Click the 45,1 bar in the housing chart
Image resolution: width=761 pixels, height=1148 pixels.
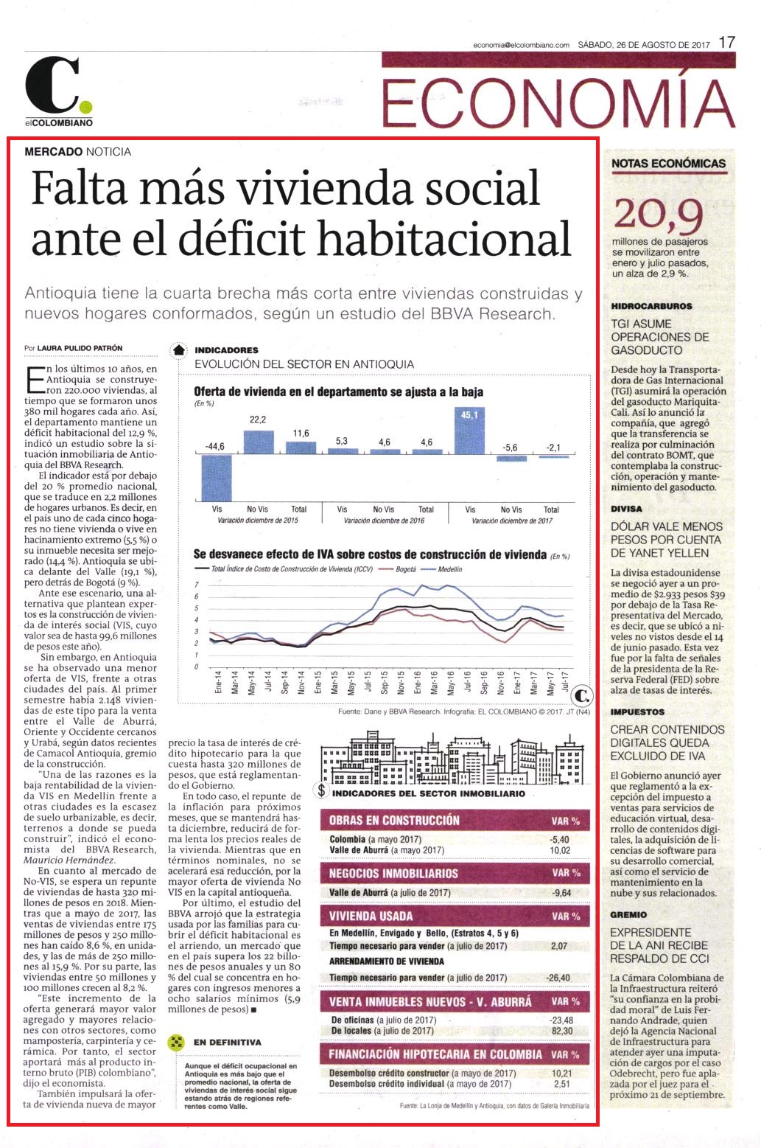(x=469, y=431)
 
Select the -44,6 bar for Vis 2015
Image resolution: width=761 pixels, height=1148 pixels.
(x=217, y=478)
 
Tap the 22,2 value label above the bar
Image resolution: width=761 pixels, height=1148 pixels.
(x=258, y=420)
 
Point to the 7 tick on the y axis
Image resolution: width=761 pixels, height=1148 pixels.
(x=197, y=585)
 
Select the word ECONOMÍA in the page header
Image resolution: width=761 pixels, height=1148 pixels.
(x=558, y=103)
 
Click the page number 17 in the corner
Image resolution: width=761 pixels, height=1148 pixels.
(x=726, y=42)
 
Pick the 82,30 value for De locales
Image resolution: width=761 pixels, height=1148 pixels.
(x=562, y=1031)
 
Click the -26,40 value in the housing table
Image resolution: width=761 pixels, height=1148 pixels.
(x=558, y=978)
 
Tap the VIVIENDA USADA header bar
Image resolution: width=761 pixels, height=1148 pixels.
(x=455, y=916)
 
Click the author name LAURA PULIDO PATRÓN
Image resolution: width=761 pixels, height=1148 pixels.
(x=80, y=348)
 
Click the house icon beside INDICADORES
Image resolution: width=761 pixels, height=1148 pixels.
(x=179, y=350)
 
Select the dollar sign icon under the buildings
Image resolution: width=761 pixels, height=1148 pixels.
(x=321, y=790)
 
